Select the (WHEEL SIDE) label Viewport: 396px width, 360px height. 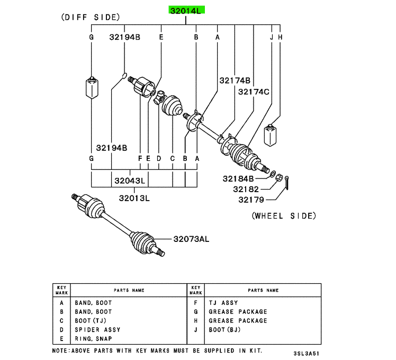point(283,215)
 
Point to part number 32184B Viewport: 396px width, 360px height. point(238,178)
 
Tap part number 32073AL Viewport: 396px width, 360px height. point(191,239)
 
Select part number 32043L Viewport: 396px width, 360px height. point(129,181)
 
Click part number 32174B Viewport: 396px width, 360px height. point(235,80)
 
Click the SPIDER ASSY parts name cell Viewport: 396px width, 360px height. point(97,330)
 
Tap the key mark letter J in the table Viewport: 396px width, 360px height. point(196,330)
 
